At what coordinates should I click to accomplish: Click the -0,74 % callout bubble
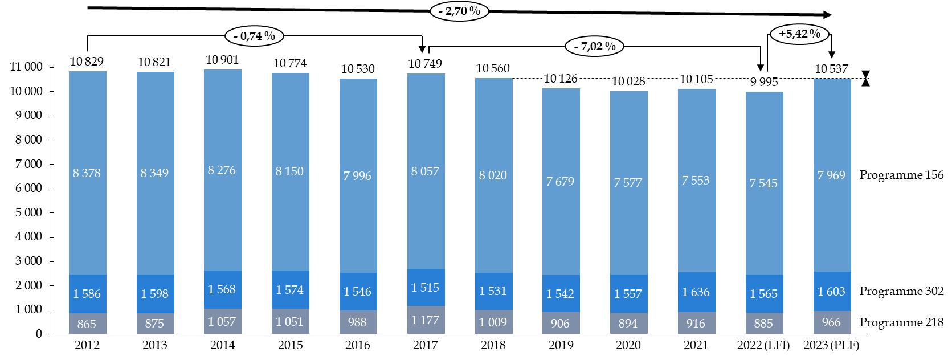click(x=254, y=36)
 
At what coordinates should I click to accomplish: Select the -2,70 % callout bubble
click(x=459, y=11)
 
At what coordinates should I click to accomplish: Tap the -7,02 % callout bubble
click(x=594, y=46)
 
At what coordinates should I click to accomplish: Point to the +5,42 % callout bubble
click(x=799, y=34)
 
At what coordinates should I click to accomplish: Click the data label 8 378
click(x=87, y=173)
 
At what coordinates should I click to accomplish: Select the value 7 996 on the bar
click(x=357, y=176)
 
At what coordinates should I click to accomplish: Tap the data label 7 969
click(x=831, y=175)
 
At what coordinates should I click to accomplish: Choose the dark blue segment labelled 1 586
click(x=88, y=293)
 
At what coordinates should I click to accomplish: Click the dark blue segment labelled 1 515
click(x=426, y=287)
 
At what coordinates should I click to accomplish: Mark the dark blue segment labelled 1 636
click(x=696, y=292)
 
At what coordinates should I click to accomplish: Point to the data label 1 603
click(x=831, y=291)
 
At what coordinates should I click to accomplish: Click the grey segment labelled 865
click(x=88, y=324)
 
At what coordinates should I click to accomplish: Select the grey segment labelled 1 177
click(x=426, y=320)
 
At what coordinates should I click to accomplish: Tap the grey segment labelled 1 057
click(x=223, y=321)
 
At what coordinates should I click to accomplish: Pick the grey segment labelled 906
click(x=561, y=323)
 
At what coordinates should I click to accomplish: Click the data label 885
click(x=763, y=324)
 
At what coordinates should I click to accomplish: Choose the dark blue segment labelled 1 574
click(x=291, y=289)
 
